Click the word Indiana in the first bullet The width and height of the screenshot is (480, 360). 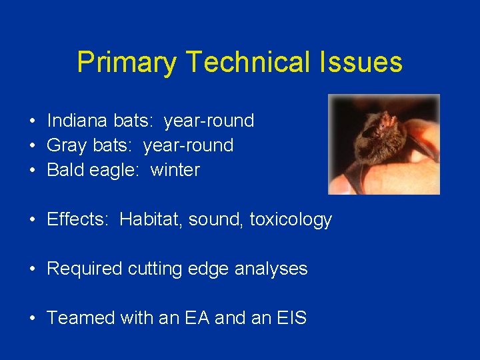pyautogui.click(x=77, y=121)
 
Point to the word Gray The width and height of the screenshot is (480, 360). pyautogui.click(x=66, y=145)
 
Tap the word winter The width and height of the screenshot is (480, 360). pyautogui.click(x=175, y=170)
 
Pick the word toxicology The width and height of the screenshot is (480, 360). pyautogui.click(x=291, y=219)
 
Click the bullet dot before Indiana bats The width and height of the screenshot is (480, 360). pyautogui.click(x=32, y=121)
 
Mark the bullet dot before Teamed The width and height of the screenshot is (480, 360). pyautogui.click(x=32, y=319)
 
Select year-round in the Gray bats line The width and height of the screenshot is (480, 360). pyautogui.click(x=189, y=145)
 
